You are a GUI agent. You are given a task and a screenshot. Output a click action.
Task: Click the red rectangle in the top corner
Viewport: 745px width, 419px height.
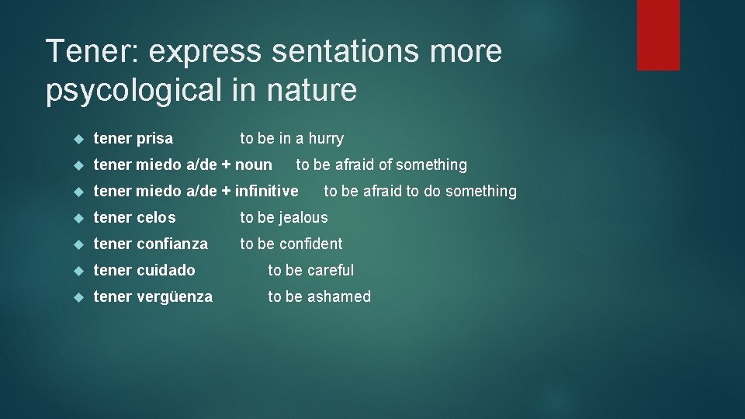tap(658, 35)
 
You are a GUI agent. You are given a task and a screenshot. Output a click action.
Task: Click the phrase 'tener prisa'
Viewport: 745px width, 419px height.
tap(133, 139)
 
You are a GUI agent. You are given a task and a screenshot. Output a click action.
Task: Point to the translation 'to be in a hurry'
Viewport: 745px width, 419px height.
tap(292, 139)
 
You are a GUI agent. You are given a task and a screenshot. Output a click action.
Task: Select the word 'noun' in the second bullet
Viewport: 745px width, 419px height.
tap(253, 164)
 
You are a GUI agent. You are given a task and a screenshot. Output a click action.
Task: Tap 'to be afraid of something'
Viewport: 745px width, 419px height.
tap(382, 164)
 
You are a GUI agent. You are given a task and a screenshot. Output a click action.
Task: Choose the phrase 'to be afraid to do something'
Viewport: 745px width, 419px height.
tap(420, 191)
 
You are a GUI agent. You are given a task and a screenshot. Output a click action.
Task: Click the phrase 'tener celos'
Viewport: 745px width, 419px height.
tap(135, 217)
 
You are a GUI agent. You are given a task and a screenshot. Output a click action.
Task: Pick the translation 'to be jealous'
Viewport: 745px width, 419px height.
tap(284, 217)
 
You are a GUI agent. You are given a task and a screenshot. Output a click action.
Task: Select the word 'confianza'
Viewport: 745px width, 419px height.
tap(172, 244)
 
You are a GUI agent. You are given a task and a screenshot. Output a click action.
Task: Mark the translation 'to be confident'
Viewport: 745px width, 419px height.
tap(291, 244)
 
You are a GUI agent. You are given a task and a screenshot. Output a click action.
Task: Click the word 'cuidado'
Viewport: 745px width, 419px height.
tap(166, 270)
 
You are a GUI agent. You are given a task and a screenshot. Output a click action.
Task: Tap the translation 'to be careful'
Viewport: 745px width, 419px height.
tap(310, 270)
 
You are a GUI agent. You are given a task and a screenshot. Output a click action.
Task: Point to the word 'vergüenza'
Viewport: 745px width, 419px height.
tap(175, 296)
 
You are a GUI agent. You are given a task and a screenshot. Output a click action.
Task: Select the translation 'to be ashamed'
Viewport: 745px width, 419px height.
tap(320, 296)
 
